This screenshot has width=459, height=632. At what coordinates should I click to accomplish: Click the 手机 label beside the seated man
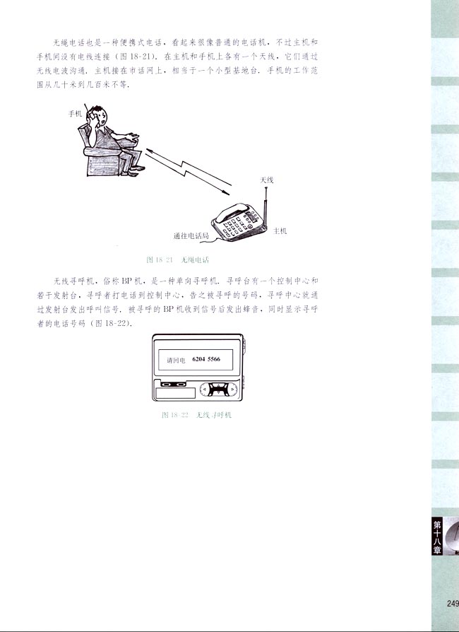point(75,113)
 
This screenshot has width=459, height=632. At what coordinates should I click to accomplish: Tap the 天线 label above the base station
point(266,180)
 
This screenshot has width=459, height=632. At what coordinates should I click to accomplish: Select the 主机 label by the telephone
point(280,230)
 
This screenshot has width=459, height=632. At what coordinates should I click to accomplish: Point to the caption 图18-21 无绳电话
point(173,259)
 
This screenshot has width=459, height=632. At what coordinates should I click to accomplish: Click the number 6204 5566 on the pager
point(206,360)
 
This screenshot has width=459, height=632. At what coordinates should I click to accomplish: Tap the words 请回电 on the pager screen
point(175,361)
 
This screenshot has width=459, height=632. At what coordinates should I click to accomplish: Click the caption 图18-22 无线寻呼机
point(196,415)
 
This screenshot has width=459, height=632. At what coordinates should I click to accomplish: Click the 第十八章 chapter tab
point(437,536)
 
